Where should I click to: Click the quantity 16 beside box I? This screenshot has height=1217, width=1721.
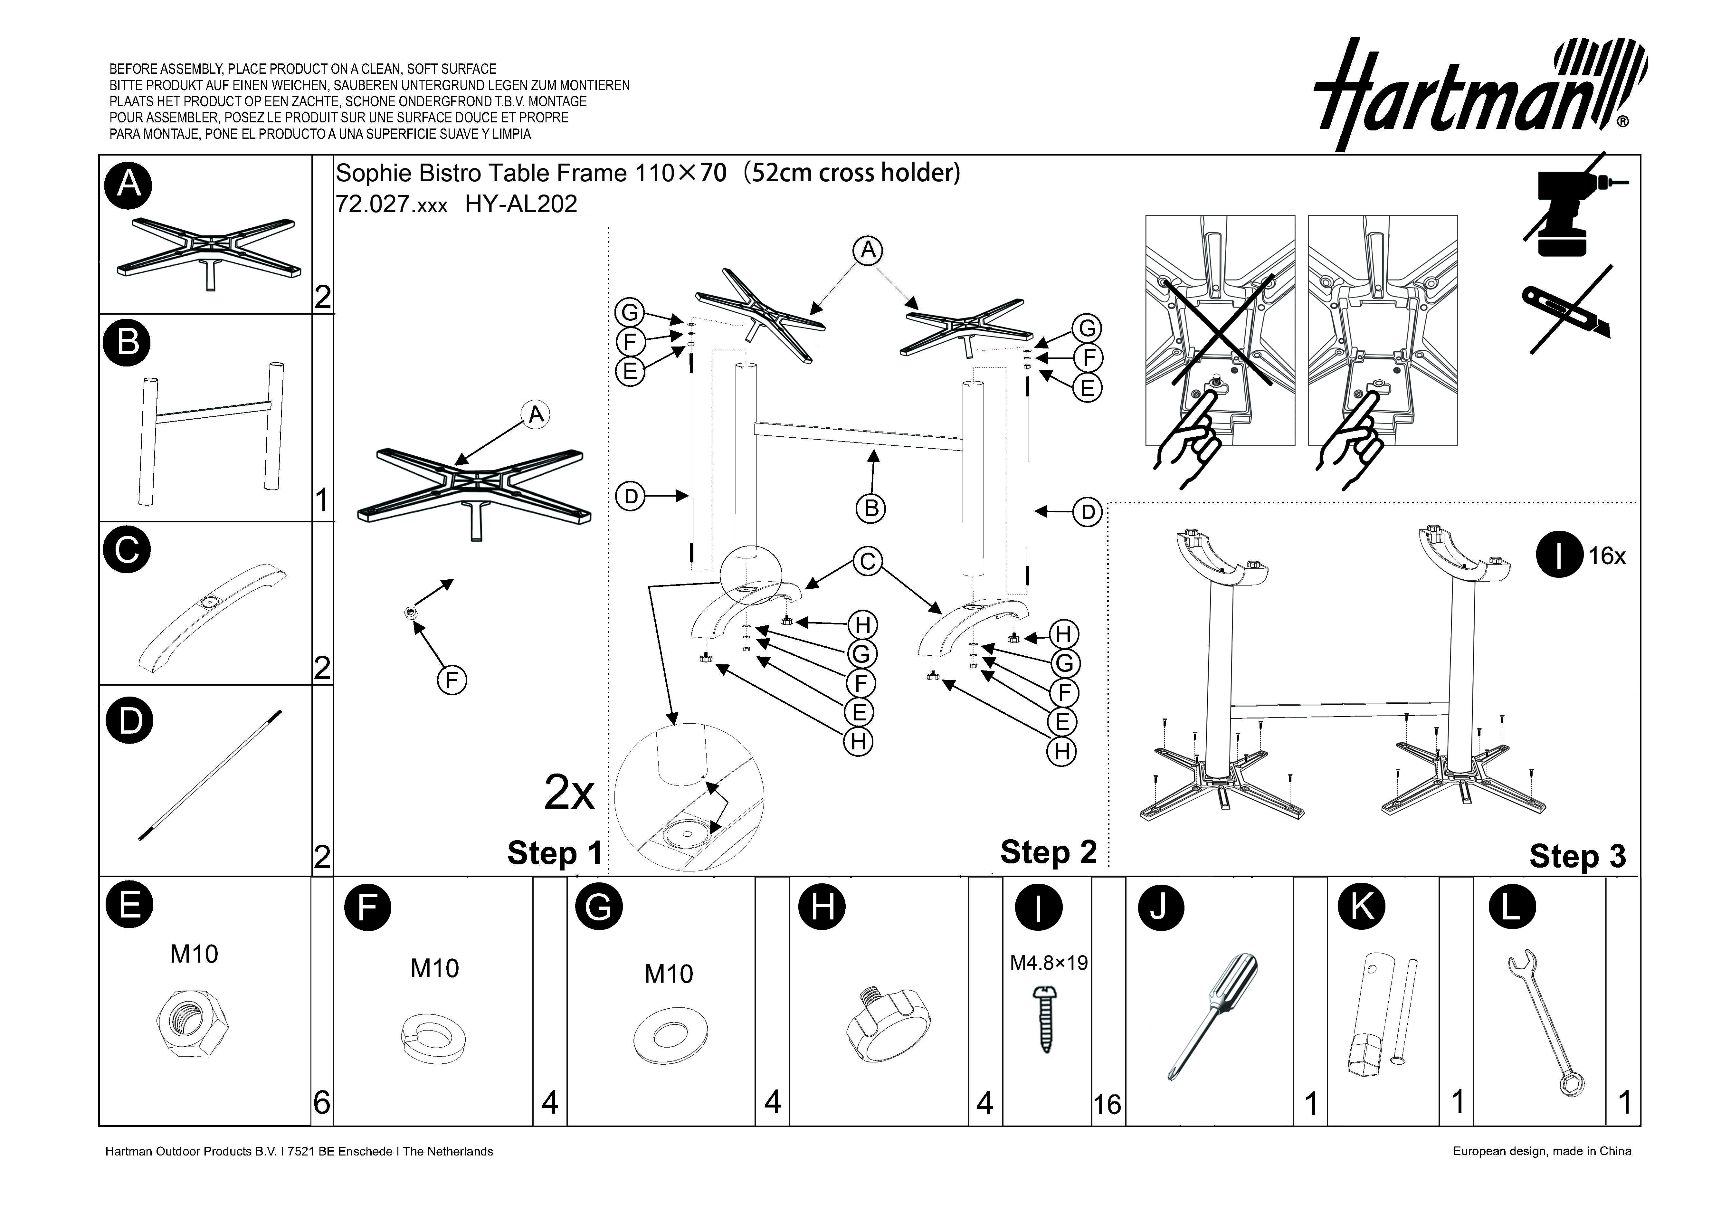tap(1107, 1105)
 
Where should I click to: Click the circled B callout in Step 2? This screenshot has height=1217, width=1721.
tap(871, 509)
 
